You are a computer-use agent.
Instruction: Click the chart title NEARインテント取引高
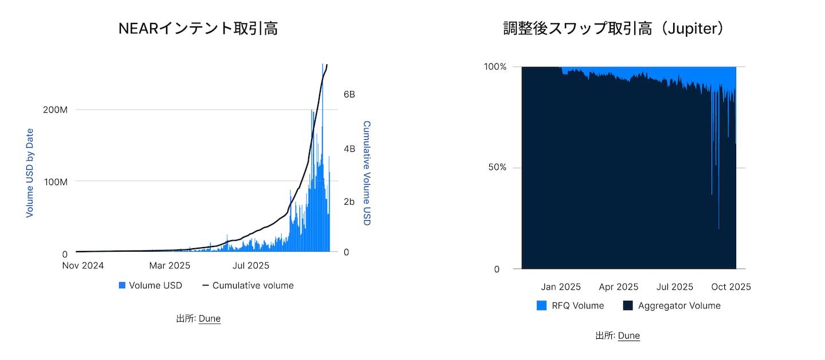198,29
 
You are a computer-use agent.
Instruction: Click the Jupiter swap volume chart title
614,29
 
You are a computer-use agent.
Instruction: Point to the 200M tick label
56,109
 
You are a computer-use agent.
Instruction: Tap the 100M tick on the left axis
56,182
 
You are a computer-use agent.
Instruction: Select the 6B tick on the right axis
348,95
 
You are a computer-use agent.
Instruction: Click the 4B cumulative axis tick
348,148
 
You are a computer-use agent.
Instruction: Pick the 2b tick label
348,202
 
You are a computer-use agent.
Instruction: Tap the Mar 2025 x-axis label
170,266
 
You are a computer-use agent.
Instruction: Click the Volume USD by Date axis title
30,173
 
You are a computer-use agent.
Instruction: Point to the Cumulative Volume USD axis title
367,173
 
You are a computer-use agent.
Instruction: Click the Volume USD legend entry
150,285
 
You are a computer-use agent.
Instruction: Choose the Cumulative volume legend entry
247,285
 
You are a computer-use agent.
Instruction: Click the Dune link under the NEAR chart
210,319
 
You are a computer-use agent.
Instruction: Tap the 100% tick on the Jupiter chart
495,67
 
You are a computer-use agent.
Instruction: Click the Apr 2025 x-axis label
618,287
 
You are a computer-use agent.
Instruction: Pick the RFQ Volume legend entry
571,306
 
